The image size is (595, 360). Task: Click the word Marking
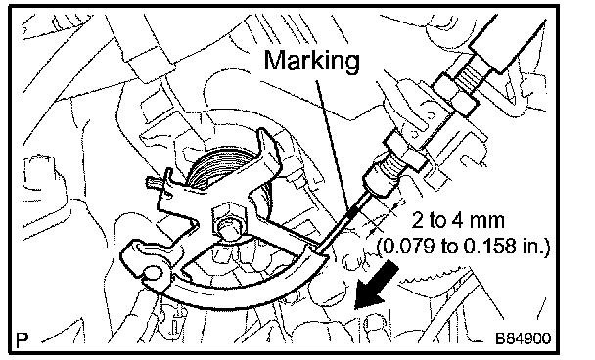pyautogui.click(x=311, y=62)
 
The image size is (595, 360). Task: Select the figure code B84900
pyautogui.click(x=524, y=338)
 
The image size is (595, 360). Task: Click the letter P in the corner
pyautogui.click(x=23, y=338)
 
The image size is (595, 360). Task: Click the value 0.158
pyautogui.click(x=490, y=247)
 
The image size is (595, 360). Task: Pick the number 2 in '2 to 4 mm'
pyautogui.click(x=418, y=221)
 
